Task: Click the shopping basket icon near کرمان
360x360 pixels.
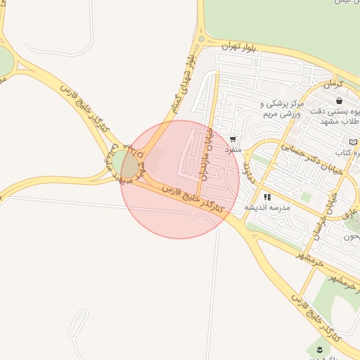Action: pos(339,101)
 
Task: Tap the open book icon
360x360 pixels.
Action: pos(353,142)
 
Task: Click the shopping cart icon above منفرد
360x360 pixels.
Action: pos(233,139)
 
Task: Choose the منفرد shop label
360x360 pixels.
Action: pos(233,150)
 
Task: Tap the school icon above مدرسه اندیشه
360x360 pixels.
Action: pos(267,198)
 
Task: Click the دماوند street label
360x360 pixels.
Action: pos(247,168)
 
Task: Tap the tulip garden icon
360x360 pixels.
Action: pos(319,349)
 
